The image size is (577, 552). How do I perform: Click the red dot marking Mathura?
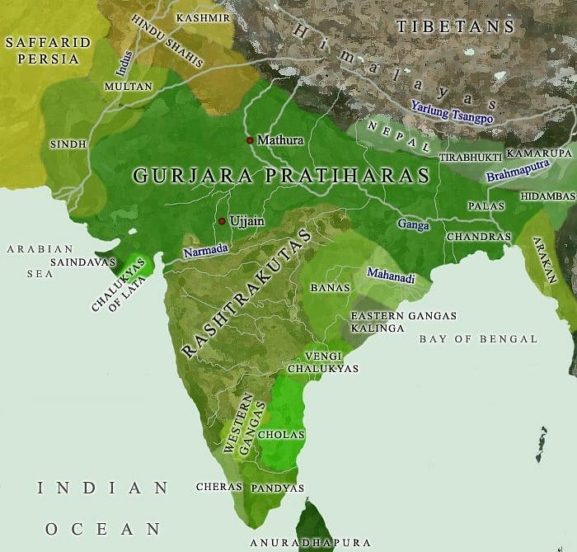click(250, 140)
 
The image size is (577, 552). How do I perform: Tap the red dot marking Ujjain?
click(222, 221)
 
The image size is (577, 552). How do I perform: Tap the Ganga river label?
click(413, 224)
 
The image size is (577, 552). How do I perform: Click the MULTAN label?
click(128, 86)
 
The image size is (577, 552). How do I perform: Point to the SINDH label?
click(68, 144)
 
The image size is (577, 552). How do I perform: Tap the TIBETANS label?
click(455, 26)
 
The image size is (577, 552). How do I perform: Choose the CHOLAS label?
click(281, 434)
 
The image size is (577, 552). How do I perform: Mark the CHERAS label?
click(218, 487)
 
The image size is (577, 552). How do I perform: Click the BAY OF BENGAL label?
click(478, 338)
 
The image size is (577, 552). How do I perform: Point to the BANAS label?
click(330, 288)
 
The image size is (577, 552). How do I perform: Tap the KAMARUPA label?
click(538, 153)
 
